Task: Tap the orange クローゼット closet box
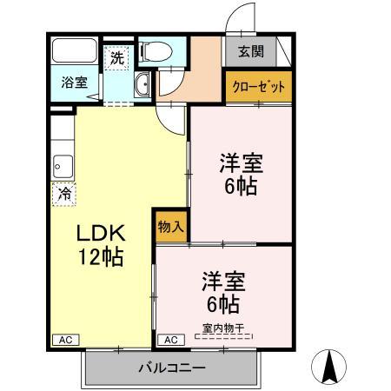(x=257, y=87)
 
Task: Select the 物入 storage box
(x=170, y=226)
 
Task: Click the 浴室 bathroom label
(x=73, y=83)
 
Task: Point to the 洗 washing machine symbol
(x=116, y=58)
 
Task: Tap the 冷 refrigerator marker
(x=63, y=194)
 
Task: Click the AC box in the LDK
(x=63, y=340)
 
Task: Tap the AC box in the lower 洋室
(x=170, y=340)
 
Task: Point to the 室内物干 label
(x=223, y=328)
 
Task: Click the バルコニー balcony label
(x=172, y=368)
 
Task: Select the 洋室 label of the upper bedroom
(x=240, y=162)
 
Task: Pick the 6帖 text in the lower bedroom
(x=223, y=304)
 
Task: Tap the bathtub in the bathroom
(x=75, y=50)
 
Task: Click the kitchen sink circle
(x=62, y=162)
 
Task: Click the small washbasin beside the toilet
(x=144, y=85)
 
